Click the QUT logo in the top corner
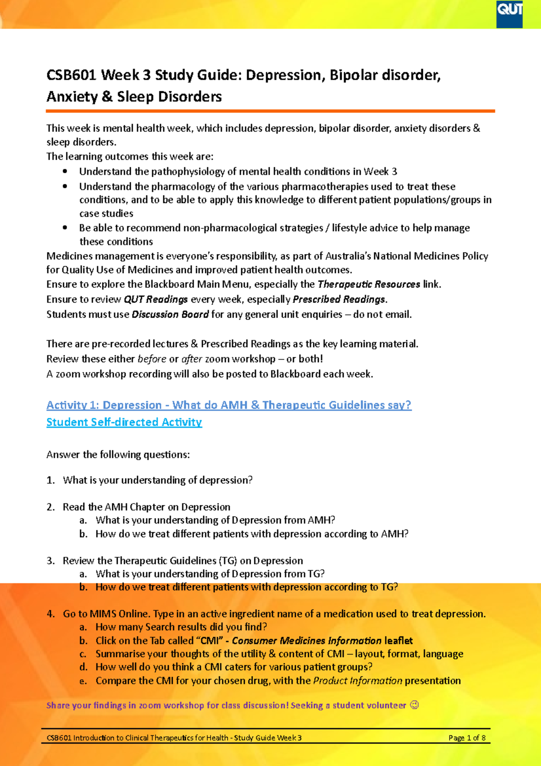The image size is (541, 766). click(509, 13)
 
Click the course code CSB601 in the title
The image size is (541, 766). click(71, 75)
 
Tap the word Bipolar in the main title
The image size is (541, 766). click(354, 75)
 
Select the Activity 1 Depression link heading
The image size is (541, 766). click(229, 405)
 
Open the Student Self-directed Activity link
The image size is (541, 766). click(124, 422)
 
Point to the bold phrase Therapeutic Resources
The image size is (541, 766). click(369, 284)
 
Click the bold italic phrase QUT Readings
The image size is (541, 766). click(156, 300)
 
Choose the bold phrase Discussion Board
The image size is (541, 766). click(170, 314)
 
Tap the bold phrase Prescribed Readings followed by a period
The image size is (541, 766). click(339, 300)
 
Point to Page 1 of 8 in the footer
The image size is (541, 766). click(467, 738)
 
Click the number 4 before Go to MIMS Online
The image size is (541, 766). click(50, 614)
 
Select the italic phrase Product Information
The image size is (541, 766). click(358, 681)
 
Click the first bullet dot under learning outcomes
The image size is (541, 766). click(65, 171)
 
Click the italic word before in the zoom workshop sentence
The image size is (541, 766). click(152, 359)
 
